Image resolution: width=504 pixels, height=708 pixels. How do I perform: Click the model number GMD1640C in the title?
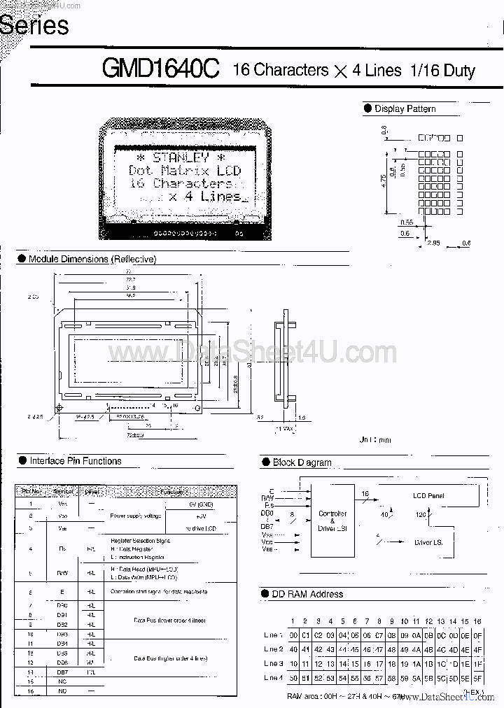tap(160, 69)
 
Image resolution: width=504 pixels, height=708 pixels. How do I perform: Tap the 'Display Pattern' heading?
tap(405, 108)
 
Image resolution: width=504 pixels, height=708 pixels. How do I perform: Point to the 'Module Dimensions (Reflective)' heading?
tap(92, 259)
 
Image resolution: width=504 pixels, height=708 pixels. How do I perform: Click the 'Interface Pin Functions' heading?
tap(75, 461)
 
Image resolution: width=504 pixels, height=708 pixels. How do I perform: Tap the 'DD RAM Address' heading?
tap(307, 594)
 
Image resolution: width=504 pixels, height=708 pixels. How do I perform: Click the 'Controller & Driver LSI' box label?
tap(332, 521)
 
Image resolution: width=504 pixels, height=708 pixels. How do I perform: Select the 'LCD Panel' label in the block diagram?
tap(428, 495)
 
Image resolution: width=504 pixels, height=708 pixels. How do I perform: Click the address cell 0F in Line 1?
tap(477, 635)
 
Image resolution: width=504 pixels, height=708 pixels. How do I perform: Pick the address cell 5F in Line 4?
tap(477, 678)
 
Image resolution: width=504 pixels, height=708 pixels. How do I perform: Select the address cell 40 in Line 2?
tap(294, 649)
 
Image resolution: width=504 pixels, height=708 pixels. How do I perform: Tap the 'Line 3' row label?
tap(274, 663)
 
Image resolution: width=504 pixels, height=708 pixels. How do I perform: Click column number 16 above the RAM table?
tap(477, 621)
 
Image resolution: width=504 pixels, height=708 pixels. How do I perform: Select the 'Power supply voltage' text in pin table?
tap(135, 516)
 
